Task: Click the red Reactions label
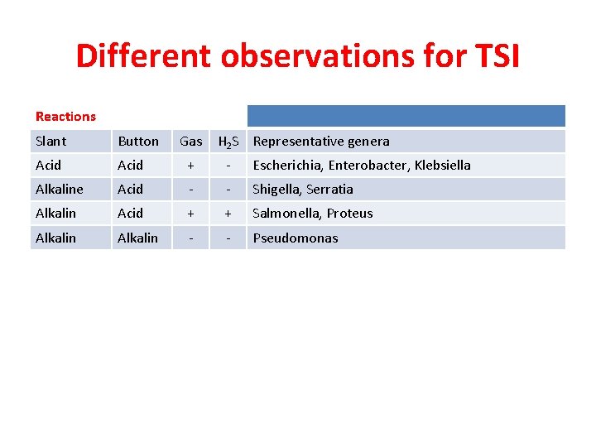pyautogui.click(x=65, y=117)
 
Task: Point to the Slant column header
pyautogui.click(x=51, y=142)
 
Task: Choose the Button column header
pyautogui.click(x=138, y=142)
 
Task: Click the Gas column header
pyautogui.click(x=191, y=142)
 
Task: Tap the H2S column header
pyautogui.click(x=228, y=142)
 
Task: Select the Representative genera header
pyautogui.click(x=321, y=142)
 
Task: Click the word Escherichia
pyautogui.click(x=286, y=166)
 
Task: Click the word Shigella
pyautogui.click(x=277, y=190)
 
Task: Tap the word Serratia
pyautogui.click(x=331, y=190)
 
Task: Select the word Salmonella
pyautogui.click(x=286, y=214)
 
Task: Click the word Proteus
pyautogui.click(x=349, y=214)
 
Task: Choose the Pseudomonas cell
pyautogui.click(x=296, y=238)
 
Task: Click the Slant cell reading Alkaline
pyautogui.click(x=59, y=190)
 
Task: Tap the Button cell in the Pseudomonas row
pyautogui.click(x=137, y=238)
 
